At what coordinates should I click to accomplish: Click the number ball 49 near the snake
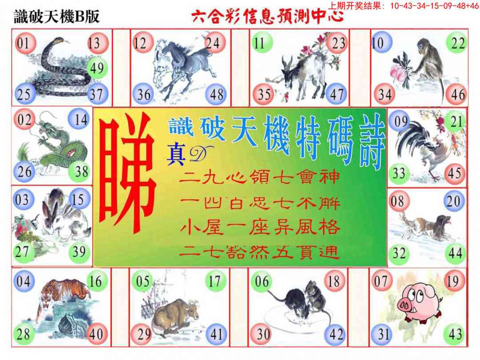click(96, 68)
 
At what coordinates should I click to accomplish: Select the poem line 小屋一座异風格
click(260, 228)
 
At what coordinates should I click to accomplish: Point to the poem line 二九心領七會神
click(260, 178)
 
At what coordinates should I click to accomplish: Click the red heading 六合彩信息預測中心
click(267, 17)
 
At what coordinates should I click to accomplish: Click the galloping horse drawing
click(180, 67)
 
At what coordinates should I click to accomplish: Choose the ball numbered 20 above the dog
click(454, 201)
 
